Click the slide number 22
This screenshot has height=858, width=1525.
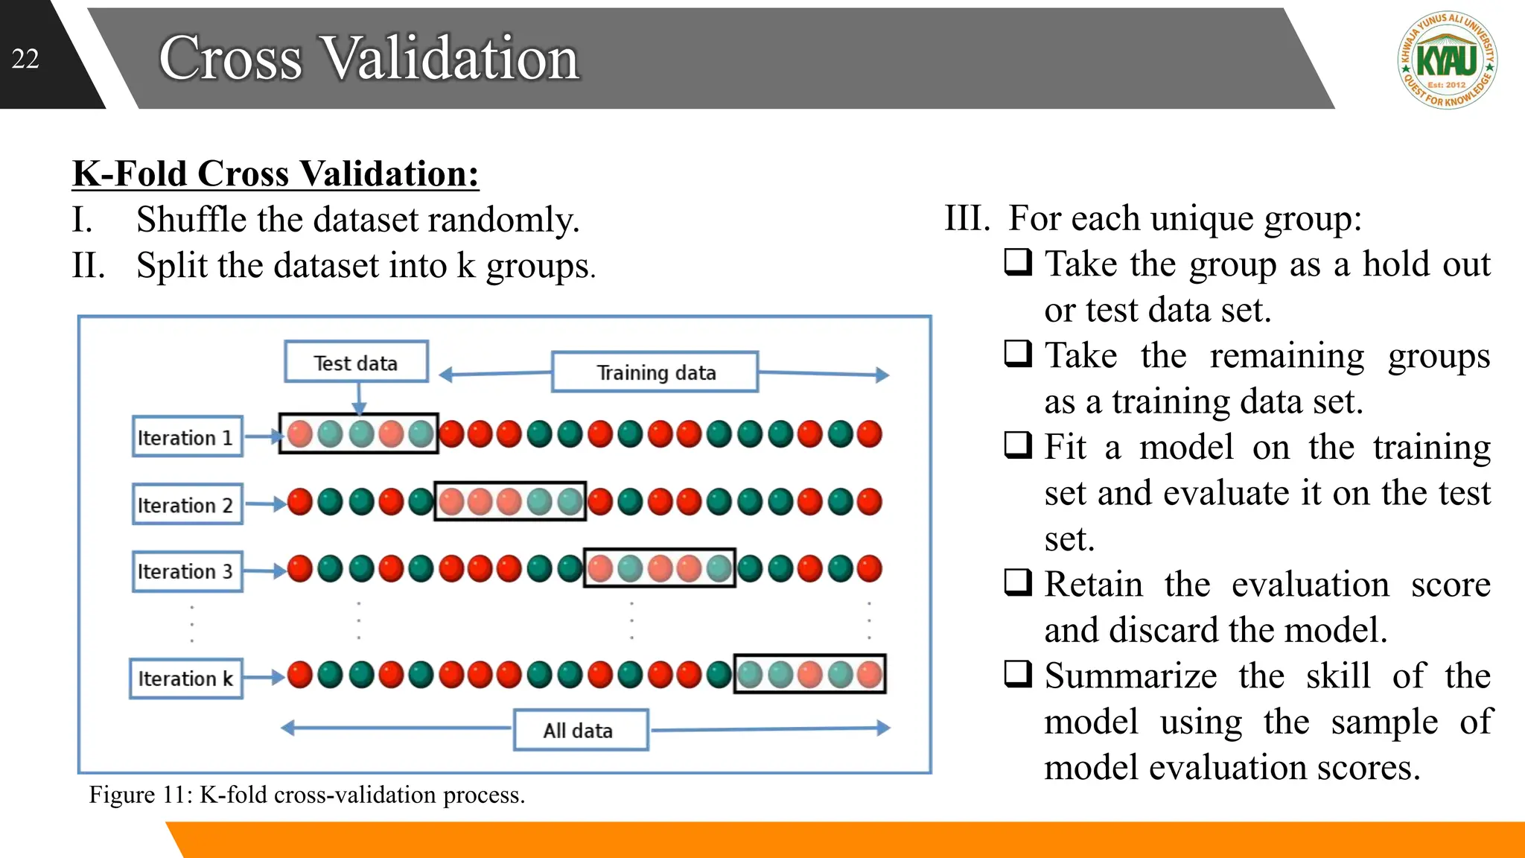pyautogui.click(x=25, y=59)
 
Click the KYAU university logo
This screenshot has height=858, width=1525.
pyautogui.click(x=1447, y=60)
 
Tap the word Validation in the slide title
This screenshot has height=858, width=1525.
pyautogui.click(x=451, y=58)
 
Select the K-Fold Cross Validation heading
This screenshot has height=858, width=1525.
pyautogui.click(x=276, y=174)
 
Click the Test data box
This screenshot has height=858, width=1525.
pyautogui.click(x=356, y=363)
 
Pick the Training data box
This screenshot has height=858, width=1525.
pyautogui.click(x=655, y=372)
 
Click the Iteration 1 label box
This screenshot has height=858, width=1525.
pyautogui.click(x=187, y=437)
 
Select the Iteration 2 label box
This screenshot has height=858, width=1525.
pyautogui.click(x=187, y=505)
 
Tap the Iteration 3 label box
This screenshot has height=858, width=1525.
pyautogui.click(x=187, y=571)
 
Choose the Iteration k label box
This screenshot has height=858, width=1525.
pyautogui.click(x=185, y=679)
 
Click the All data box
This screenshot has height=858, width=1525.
pyautogui.click(x=580, y=731)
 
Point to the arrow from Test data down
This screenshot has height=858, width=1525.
pyautogui.click(x=359, y=398)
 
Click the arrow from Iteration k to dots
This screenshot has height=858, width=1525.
pyautogui.click(x=264, y=677)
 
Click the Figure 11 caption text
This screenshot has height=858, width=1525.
pyautogui.click(x=307, y=795)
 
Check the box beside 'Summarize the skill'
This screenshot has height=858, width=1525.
pyautogui.click(x=1018, y=673)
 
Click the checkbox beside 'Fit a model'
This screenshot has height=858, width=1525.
pyautogui.click(x=1018, y=445)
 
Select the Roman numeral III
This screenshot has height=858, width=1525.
pyautogui.click(x=967, y=218)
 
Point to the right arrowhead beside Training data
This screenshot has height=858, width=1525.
pyautogui.click(x=882, y=375)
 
